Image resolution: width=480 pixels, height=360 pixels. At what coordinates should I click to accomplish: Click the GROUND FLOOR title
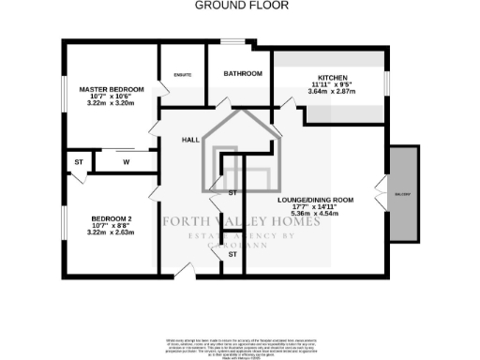coord(242,6)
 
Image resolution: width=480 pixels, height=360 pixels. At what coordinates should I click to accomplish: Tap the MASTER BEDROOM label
coord(112,89)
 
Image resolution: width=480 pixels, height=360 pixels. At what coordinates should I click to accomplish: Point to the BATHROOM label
coord(242,73)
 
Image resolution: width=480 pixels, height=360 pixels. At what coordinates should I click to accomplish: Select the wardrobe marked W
coord(125,162)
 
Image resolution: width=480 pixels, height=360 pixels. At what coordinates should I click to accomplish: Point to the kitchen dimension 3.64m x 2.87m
coord(335,93)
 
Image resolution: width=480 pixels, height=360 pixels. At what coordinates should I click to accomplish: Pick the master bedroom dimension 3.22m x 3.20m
coord(112,105)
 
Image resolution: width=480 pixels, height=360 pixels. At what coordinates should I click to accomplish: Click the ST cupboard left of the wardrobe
coord(78,162)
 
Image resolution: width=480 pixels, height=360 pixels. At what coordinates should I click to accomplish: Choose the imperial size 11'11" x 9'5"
coord(335,84)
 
